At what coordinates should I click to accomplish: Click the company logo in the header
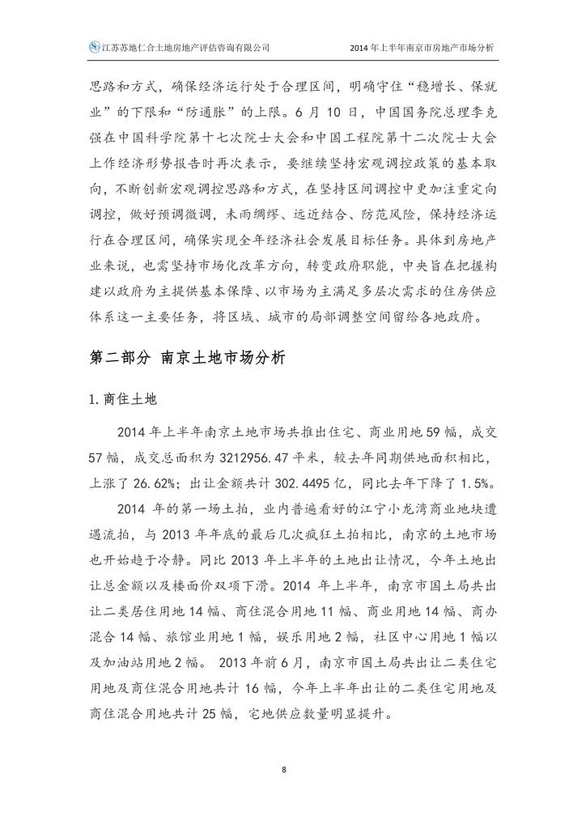(x=94, y=48)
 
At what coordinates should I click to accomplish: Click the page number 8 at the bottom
(x=284, y=768)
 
